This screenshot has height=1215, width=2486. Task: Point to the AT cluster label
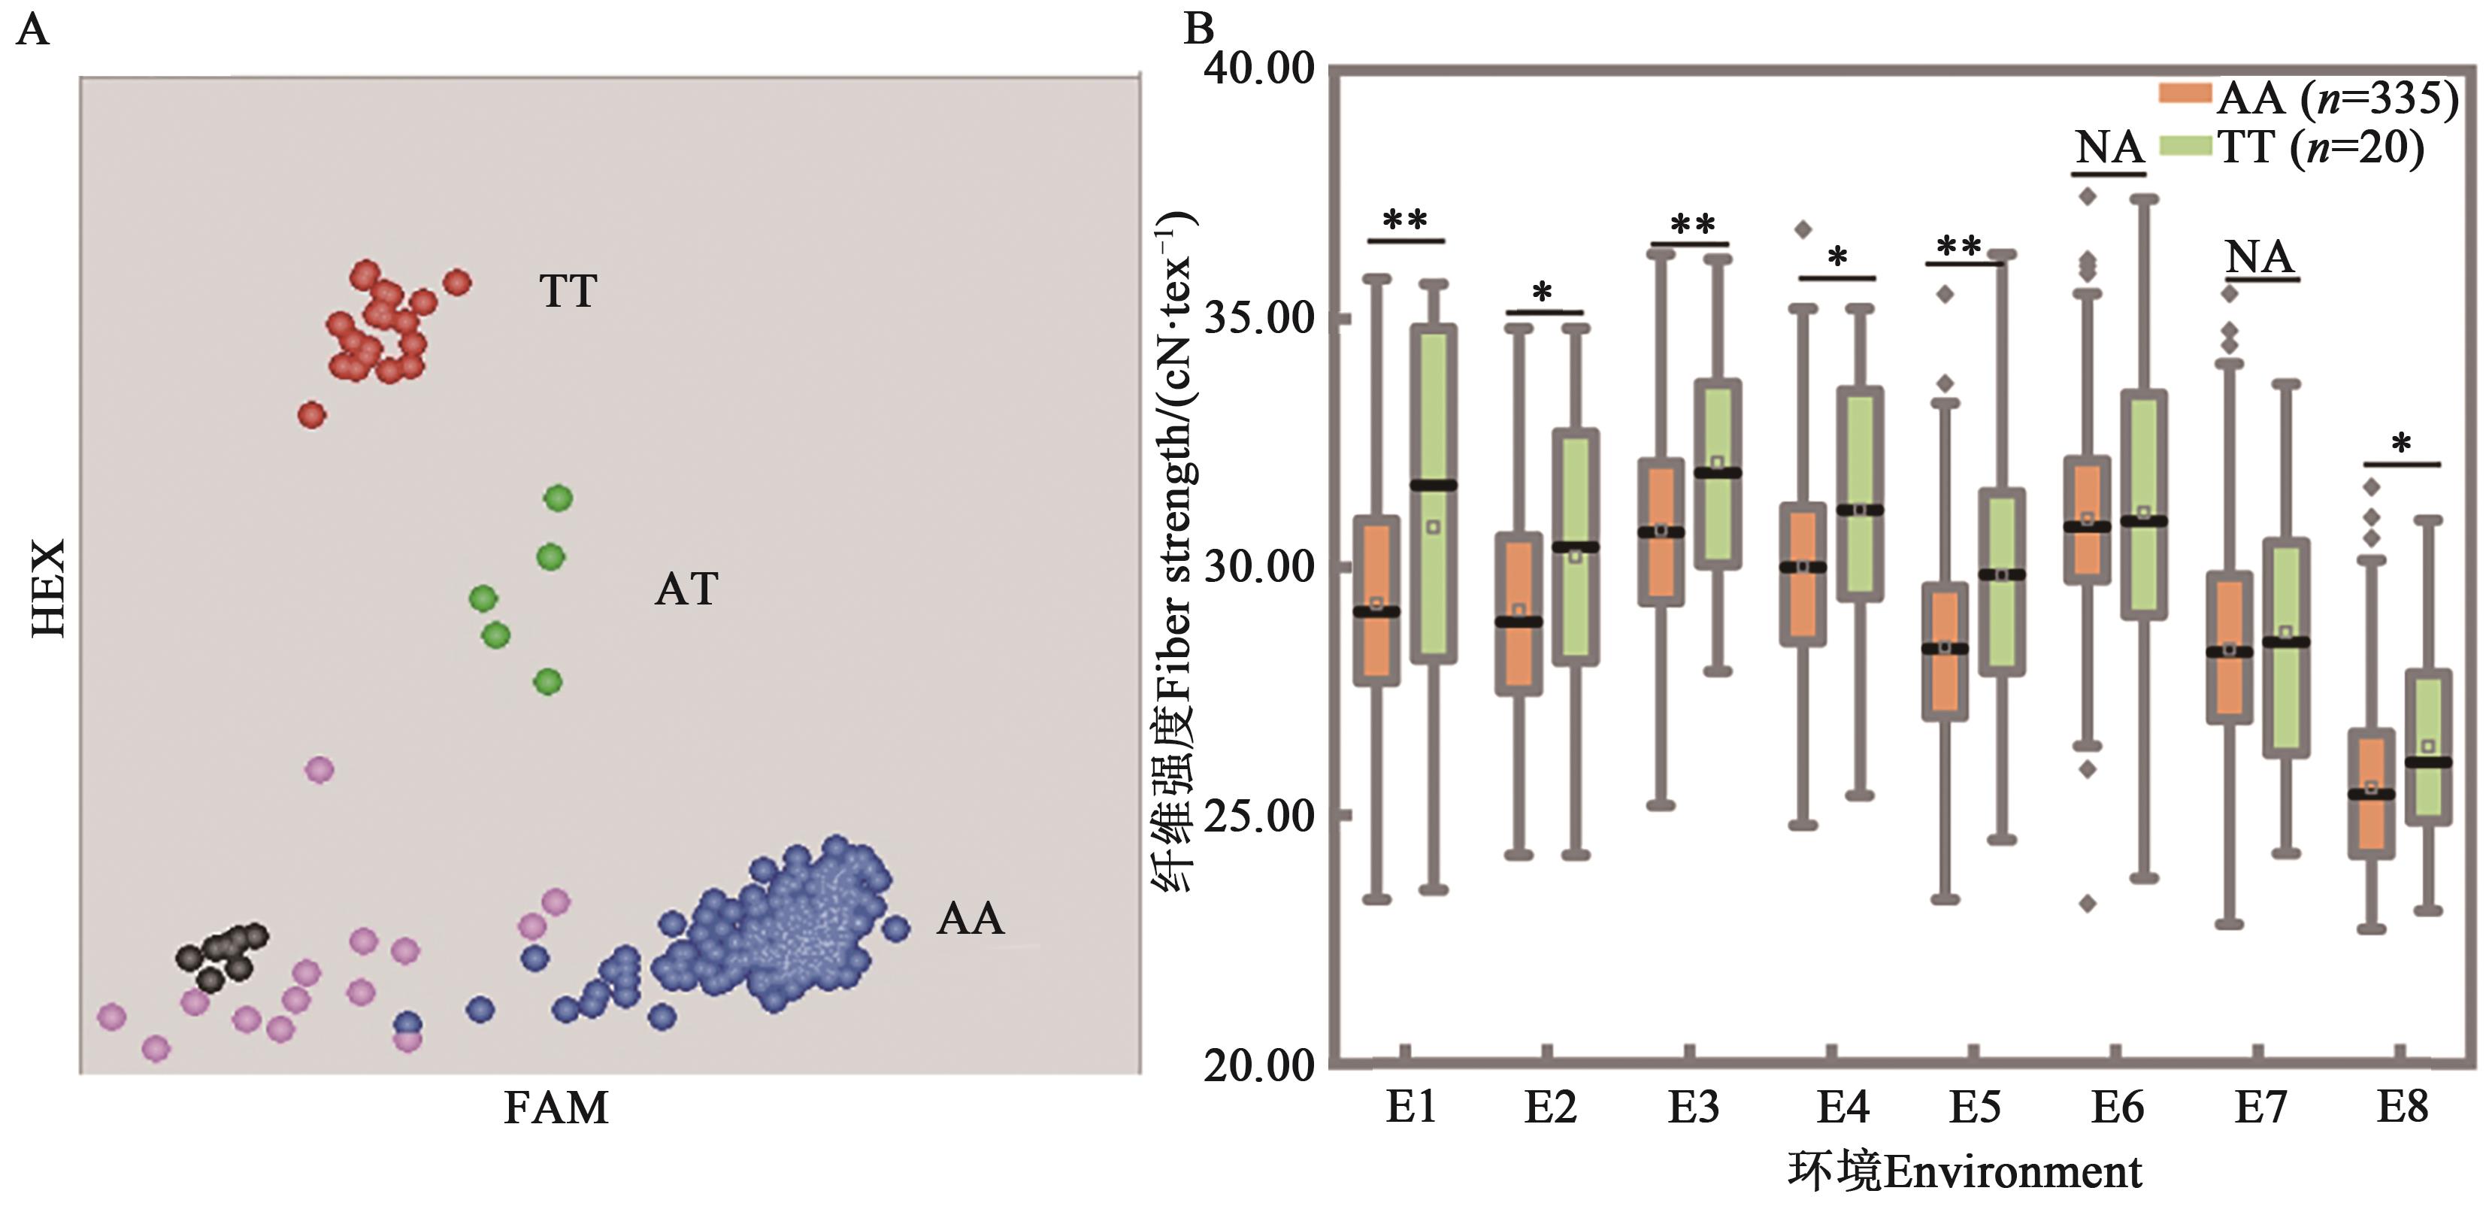point(686,589)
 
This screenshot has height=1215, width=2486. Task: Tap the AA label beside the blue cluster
point(970,919)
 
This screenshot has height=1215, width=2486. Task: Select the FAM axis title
point(556,1108)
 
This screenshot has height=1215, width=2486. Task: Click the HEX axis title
point(48,588)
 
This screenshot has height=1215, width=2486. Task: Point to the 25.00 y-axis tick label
point(1259,817)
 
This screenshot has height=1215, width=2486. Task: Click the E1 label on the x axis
point(1411,1106)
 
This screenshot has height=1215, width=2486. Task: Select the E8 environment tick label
point(2401,1106)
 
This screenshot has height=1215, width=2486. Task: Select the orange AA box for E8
point(2371,793)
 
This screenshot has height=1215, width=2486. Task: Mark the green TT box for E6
point(2143,504)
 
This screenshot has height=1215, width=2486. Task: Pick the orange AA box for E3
point(1661,532)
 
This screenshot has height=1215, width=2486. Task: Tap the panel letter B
point(1198,29)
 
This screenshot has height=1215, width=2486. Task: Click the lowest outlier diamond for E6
point(2088,903)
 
